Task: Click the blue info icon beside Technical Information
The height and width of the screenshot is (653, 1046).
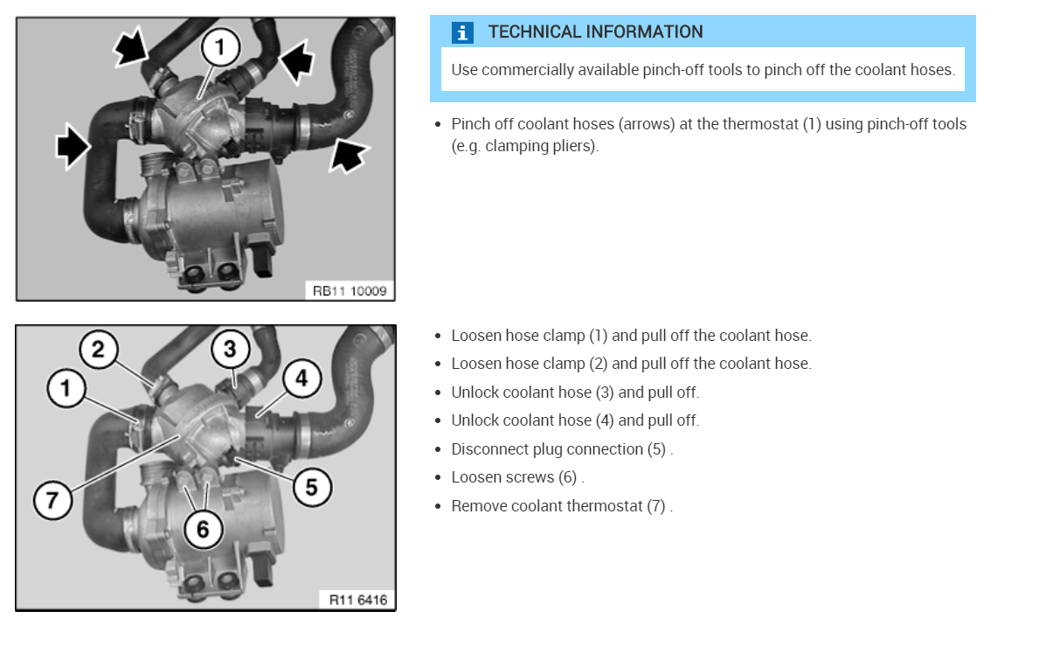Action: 462,32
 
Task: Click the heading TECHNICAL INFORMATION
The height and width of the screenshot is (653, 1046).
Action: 595,32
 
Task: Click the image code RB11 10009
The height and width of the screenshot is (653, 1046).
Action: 350,290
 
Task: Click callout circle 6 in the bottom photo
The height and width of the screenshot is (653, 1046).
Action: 203,528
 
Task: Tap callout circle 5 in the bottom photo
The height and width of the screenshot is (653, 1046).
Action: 311,485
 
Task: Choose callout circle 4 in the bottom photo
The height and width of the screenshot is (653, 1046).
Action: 301,379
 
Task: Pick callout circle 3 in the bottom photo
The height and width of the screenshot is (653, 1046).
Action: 230,350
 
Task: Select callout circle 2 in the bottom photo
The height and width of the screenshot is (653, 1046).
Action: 98,350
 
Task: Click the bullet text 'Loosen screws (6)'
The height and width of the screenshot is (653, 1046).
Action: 516,477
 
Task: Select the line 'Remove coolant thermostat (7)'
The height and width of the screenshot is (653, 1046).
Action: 561,506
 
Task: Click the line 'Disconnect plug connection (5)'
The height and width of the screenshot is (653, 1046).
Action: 561,449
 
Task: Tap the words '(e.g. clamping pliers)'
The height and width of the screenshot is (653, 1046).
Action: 524,146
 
